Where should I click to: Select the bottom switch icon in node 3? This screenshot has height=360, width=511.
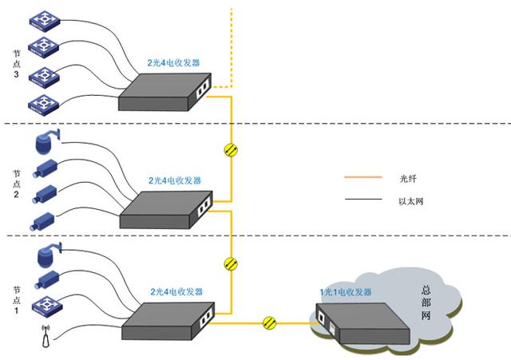(42, 102)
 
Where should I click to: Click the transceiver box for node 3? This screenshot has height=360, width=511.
(168, 90)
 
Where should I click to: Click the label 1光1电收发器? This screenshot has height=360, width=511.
(346, 293)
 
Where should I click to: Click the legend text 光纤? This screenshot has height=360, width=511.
(407, 177)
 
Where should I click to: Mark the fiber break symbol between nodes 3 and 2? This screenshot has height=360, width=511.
(232, 149)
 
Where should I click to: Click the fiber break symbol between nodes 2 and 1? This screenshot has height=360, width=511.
(232, 263)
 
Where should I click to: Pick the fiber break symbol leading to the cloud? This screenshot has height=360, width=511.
(271, 322)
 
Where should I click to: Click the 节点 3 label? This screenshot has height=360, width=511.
(18, 64)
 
